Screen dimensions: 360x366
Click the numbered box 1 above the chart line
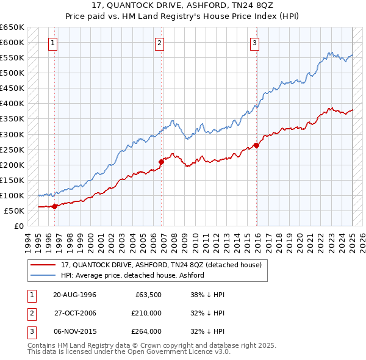pos(54,43)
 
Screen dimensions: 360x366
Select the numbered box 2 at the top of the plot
pos(159,43)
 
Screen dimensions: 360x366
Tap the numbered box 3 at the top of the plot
pos(254,43)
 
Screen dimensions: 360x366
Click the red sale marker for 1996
pos(54,206)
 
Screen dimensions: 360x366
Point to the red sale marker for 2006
pos(162,162)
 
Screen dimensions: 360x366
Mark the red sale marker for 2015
pos(257,145)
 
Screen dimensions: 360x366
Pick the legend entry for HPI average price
pos(132,275)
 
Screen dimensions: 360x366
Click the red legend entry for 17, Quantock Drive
pos(161,265)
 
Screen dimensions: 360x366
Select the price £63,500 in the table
pos(148,294)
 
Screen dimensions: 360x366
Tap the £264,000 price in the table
pos(147,332)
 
